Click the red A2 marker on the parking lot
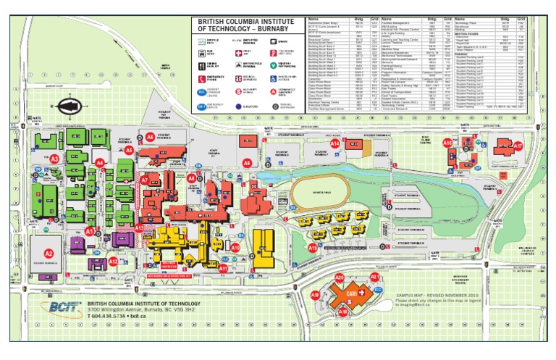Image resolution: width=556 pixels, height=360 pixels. click(x=49, y=254)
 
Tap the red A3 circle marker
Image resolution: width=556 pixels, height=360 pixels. click(x=54, y=158)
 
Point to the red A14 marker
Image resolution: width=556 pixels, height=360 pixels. click(x=334, y=144)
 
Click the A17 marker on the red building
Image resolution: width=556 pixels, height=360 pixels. click(x=518, y=146)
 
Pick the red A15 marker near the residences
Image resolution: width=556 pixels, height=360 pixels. click(x=313, y=247)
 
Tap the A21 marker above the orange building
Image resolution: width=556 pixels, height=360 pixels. click(x=374, y=277)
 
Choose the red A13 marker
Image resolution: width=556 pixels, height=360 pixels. click(x=139, y=227)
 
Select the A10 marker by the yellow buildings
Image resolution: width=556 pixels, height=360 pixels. click(x=235, y=247)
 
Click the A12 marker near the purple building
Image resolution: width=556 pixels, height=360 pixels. click(x=113, y=261)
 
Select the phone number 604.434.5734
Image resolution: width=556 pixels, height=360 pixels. click(x=111, y=317)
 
